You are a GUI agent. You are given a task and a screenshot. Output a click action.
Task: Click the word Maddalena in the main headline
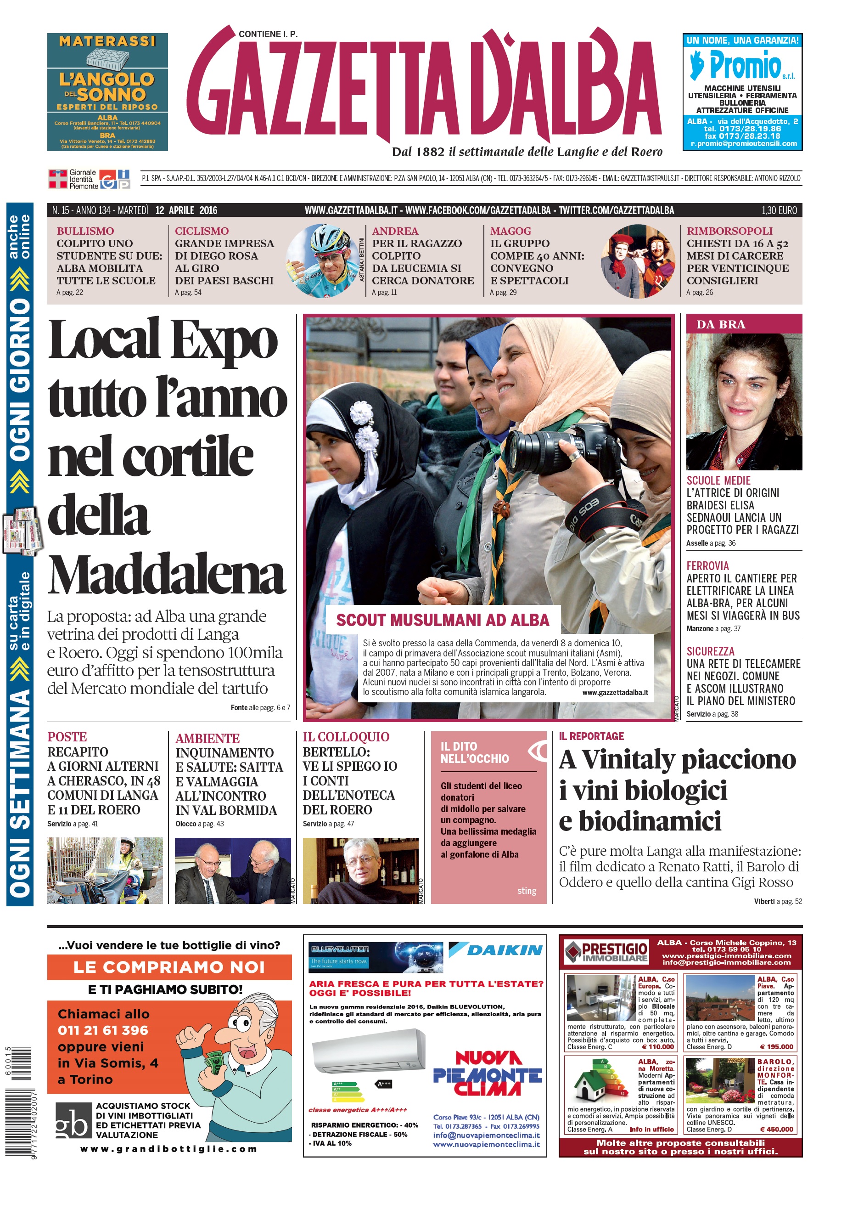166,575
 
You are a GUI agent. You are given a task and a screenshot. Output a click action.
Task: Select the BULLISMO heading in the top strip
85,231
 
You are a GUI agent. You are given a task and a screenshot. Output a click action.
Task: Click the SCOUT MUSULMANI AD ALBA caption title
442,620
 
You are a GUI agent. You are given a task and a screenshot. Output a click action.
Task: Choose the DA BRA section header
720,324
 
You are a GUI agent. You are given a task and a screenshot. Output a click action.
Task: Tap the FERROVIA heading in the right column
707,565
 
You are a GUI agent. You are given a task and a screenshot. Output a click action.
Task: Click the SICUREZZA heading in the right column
710,651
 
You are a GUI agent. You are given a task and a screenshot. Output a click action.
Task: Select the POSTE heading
67,737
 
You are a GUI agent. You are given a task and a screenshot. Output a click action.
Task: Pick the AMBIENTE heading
208,738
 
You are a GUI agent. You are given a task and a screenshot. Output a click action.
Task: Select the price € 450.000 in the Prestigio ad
776,1129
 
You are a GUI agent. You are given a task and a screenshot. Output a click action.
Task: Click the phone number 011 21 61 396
103,1030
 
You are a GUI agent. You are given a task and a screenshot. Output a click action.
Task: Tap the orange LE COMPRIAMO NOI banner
169,967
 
